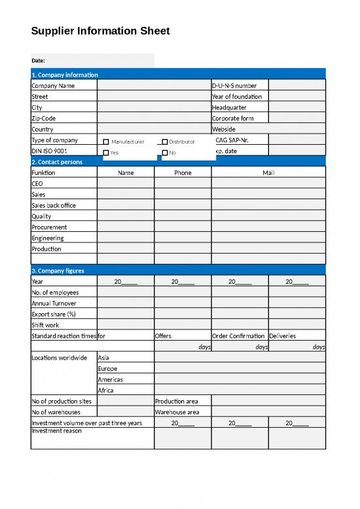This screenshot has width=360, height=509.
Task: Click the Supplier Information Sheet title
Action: click(100, 31)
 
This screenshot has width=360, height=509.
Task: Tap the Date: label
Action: click(38, 61)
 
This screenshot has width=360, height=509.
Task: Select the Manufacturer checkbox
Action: click(106, 142)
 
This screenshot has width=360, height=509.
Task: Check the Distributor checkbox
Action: click(164, 142)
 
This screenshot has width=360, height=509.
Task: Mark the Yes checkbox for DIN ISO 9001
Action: click(106, 153)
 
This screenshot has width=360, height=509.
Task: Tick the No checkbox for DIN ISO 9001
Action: click(164, 153)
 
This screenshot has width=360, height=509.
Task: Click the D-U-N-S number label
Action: click(234, 86)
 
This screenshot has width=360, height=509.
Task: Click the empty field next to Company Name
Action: click(154, 86)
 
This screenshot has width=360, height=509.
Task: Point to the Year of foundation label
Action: click(236, 97)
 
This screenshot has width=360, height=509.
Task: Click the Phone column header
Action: click(183, 173)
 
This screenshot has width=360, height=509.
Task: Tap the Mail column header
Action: click(268, 173)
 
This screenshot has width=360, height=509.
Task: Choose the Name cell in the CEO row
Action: click(126, 184)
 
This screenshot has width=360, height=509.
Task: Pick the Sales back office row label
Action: click(54, 206)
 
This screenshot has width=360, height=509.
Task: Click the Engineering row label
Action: click(48, 238)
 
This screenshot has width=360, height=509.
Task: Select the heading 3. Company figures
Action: click(58, 271)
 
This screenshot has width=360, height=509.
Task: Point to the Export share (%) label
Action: click(54, 314)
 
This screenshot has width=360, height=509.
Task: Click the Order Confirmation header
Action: click(238, 336)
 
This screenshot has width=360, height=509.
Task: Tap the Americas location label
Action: click(110, 380)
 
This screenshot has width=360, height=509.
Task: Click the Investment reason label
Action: click(56, 431)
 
